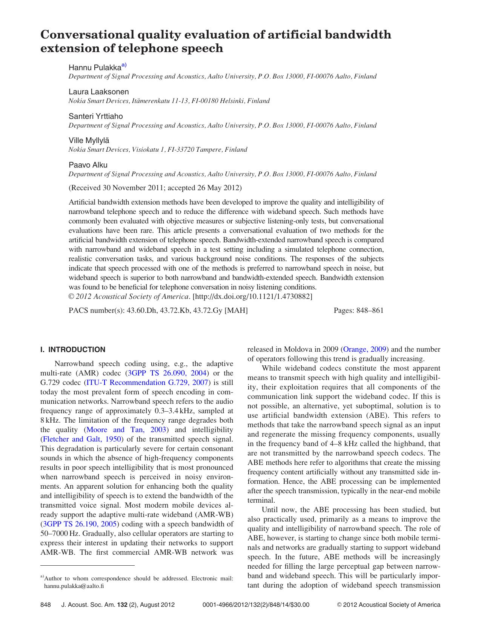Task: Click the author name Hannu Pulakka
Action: (x=95, y=68)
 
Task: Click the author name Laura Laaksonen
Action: (x=98, y=92)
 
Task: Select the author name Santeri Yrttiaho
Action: (x=95, y=116)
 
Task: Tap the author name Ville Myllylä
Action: (x=89, y=140)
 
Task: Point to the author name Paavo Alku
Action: (x=88, y=165)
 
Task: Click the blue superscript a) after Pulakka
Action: (x=124, y=65)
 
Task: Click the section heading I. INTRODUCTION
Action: (x=73, y=349)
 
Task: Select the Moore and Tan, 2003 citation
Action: (x=126, y=430)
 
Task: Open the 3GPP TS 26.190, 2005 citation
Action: (x=80, y=524)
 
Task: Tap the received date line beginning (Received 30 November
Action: (x=155, y=188)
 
